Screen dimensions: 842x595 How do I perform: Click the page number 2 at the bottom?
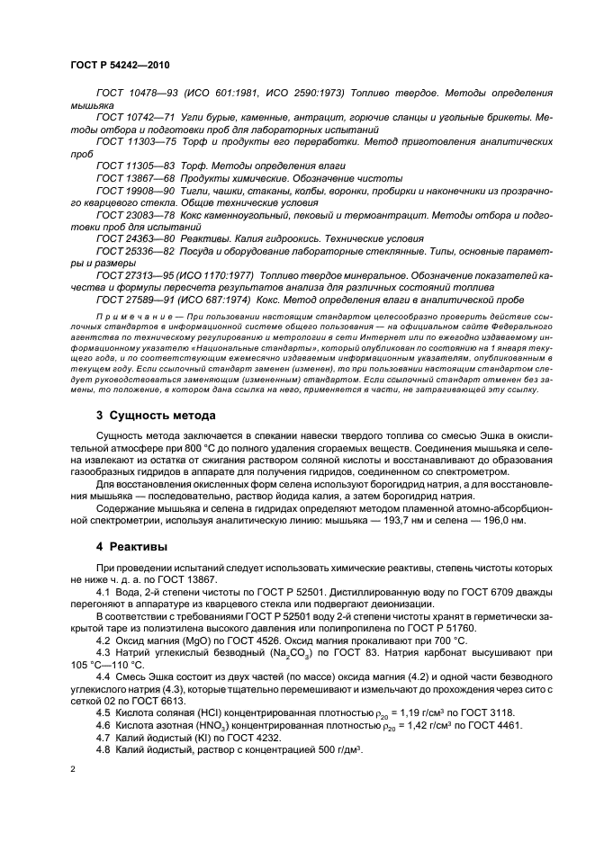74,770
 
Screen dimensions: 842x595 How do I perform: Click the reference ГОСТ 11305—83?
135,166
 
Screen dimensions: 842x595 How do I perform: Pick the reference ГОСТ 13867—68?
135,178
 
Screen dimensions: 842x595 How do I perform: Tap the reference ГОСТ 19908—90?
135,191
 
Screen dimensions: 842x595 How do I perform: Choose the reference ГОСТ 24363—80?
135,239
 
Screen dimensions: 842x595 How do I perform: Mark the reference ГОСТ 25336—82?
135,252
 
